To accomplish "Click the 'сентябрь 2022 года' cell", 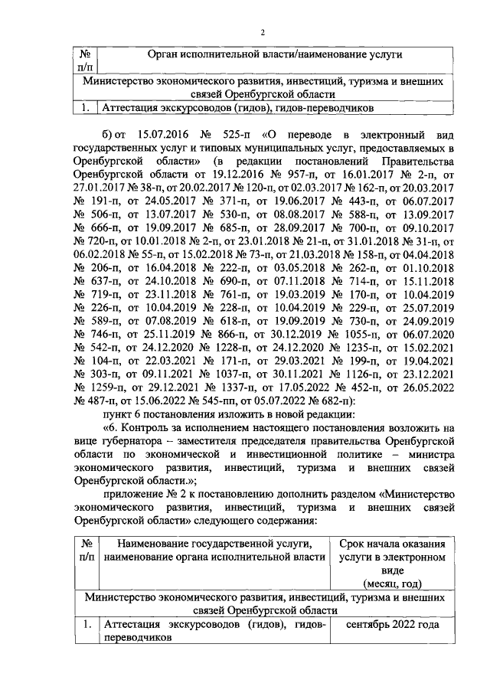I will pos(392,625).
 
